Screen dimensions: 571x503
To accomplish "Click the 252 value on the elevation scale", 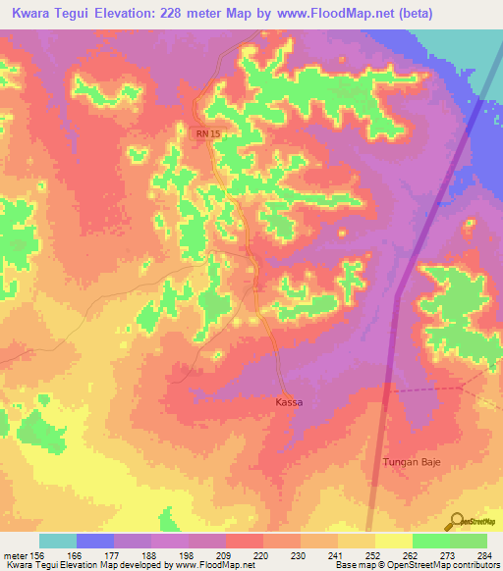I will [373, 553].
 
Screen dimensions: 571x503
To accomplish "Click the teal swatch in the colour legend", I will [58, 541].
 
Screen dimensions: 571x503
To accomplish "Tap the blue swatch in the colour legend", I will [95, 541].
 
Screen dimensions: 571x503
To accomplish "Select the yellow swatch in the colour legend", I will [394, 541].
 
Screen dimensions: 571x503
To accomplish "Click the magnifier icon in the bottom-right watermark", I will [457, 520].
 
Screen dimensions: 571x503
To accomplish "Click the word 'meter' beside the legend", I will [15, 553].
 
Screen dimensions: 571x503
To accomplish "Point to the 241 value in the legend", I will [336, 553].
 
